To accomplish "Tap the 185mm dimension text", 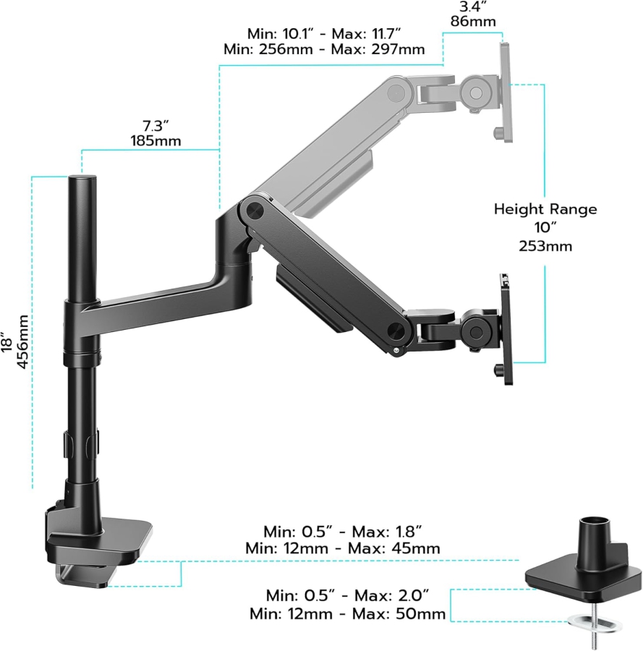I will pyautogui.click(x=156, y=140).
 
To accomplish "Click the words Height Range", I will pyautogui.click(x=545, y=209).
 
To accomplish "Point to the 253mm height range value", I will pyautogui.click(x=545, y=246).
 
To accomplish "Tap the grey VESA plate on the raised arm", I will pyautogui.click(x=506, y=90).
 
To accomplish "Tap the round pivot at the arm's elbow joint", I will pyautogui.click(x=254, y=210).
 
